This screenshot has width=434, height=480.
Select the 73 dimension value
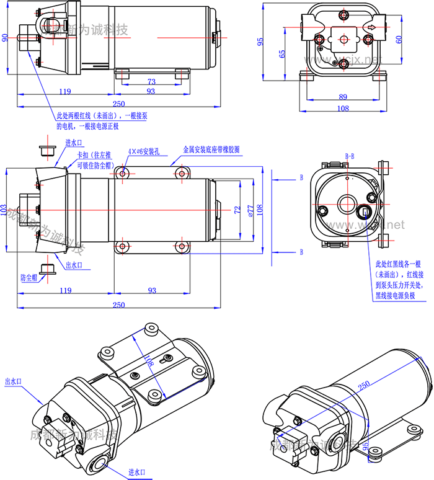point(151,81)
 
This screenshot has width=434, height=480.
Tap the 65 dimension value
point(282,53)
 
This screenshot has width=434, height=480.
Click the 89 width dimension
point(343,97)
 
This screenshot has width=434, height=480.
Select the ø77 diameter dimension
point(250,210)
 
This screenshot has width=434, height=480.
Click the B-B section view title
point(349,156)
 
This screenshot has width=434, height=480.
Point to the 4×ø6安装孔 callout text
point(144,151)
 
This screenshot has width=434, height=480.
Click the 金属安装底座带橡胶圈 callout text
point(211,150)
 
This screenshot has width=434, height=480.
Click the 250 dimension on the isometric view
point(364,384)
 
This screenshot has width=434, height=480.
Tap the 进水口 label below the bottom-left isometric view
point(137,473)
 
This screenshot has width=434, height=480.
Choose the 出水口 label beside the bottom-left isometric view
point(13,382)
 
